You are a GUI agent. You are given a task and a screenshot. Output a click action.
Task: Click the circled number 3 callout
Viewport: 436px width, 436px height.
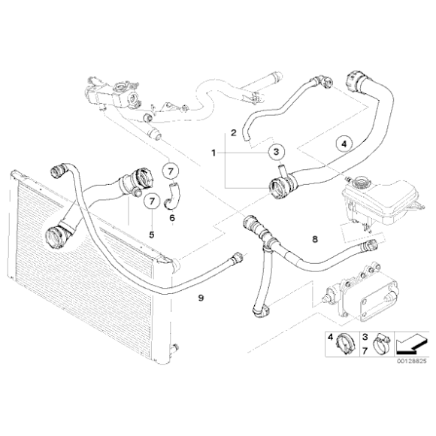[276, 152]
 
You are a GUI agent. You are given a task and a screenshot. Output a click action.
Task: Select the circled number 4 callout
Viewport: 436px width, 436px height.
[344, 144]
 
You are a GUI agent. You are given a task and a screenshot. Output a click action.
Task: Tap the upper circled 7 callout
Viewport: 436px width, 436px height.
[171, 171]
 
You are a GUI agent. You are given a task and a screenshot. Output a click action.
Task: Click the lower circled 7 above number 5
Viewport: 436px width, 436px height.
[152, 201]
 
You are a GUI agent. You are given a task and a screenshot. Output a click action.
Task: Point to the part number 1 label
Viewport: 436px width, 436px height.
[213, 153]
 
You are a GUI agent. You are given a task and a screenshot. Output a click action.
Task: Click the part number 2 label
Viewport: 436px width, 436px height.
[234, 132]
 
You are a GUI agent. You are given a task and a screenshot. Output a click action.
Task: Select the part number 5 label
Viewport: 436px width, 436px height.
[152, 235]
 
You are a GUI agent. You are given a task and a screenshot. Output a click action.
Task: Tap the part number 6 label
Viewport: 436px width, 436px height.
[172, 218]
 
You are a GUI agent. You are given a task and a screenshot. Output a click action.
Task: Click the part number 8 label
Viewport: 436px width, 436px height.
[315, 239]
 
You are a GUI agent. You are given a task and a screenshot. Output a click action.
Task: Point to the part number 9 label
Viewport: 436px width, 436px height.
[201, 298]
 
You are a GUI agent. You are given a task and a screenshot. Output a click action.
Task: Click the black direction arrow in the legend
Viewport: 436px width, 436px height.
[411, 344]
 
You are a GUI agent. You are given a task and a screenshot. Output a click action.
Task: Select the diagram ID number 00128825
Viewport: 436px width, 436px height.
[411, 362]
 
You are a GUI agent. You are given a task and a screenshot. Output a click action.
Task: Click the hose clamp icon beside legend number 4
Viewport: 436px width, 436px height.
[346, 344]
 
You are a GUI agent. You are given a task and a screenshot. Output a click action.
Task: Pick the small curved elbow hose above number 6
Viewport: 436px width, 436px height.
[172, 195]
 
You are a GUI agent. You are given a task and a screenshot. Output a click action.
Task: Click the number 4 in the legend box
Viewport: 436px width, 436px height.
[330, 338]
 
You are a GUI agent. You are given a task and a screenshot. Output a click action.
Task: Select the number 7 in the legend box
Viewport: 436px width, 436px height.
[365, 351]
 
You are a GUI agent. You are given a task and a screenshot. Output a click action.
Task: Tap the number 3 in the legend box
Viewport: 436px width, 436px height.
[365, 338]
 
